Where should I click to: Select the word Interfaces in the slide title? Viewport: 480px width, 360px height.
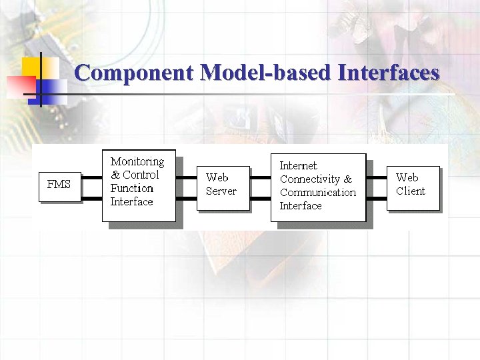coord(389,72)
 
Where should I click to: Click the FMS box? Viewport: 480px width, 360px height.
coord(59,185)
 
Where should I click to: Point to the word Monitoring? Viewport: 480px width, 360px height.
coord(137,161)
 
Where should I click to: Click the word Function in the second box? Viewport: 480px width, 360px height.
coord(131,188)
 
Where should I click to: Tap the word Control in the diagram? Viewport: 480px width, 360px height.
coord(141,175)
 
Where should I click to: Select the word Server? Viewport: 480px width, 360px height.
coord(221,191)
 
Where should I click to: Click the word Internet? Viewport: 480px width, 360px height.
coord(298,165)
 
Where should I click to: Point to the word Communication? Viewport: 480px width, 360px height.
coord(318,192)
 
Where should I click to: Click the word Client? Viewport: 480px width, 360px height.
coord(410,191)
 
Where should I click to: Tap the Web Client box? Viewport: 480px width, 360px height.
coord(413,188)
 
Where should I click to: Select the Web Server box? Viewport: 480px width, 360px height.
coord(223,188)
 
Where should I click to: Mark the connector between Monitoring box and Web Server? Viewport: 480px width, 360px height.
coord(186,185)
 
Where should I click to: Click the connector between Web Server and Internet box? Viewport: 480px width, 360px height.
coord(260,185)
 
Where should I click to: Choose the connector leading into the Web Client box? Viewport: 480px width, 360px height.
coord(376,185)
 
